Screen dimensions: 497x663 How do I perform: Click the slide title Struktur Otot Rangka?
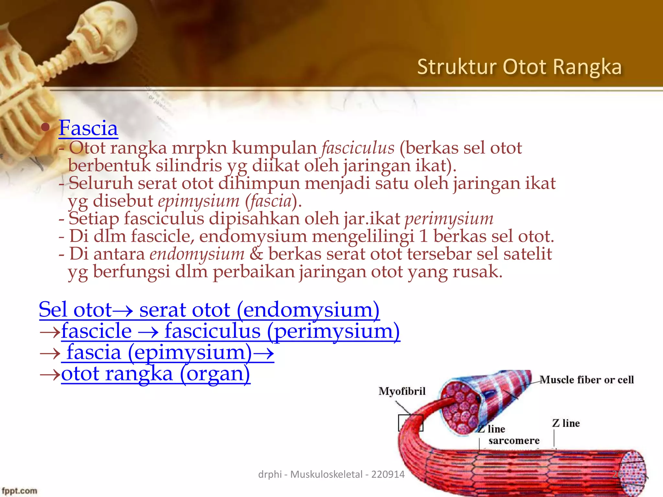pyautogui.click(x=519, y=67)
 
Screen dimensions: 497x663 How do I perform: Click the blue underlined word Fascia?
pyautogui.click(x=88, y=128)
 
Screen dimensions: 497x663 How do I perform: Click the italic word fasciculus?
pyautogui.click(x=358, y=148)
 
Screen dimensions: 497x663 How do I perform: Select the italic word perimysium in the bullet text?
pyautogui.click(x=449, y=218)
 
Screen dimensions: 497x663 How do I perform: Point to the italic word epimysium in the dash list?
pyautogui.click(x=198, y=201)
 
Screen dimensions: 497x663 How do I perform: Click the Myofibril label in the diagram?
pyautogui.click(x=402, y=391)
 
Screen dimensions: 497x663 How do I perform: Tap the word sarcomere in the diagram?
pyautogui.click(x=514, y=441)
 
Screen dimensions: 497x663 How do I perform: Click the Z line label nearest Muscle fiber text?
pyautogui.click(x=566, y=423)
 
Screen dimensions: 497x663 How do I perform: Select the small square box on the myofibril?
pyautogui.click(x=410, y=423)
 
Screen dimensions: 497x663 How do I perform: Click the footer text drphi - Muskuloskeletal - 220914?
pyautogui.click(x=331, y=474)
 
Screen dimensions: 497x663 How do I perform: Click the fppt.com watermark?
pyautogui.click(x=19, y=491)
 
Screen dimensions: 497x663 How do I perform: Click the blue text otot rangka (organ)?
pyautogui.click(x=155, y=374)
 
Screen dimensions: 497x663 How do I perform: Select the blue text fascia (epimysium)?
pyautogui.click(x=159, y=352)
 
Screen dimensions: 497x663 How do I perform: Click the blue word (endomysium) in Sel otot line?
pyautogui.click(x=308, y=310)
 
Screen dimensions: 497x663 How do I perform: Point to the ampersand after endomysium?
pyautogui.click(x=256, y=254)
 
